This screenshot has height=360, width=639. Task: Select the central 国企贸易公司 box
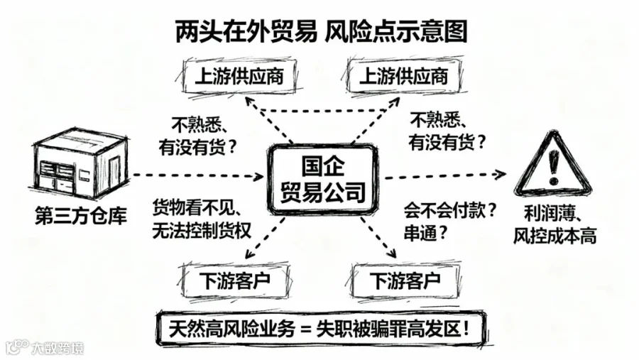tap(323, 178)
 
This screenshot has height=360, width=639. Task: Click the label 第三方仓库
tap(79, 217)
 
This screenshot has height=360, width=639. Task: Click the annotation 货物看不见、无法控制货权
tap(201, 219)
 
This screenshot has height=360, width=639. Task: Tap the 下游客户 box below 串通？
tap(405, 280)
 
